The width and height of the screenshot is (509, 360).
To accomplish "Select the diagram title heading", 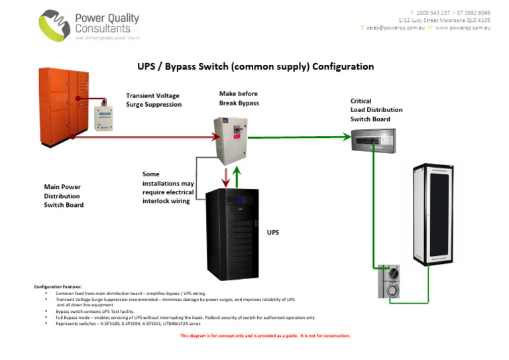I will tap(255, 66).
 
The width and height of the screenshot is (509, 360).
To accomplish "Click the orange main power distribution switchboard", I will tap(63, 105).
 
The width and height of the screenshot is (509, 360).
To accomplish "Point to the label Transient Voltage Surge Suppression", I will tap(154, 100).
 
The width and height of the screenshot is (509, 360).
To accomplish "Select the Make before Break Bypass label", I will tap(239, 99).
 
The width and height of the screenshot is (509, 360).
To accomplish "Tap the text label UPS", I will tap(272, 233).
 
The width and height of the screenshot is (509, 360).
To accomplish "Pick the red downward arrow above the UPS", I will tap(225, 176).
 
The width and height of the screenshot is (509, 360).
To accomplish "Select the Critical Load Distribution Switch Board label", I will tap(376, 110).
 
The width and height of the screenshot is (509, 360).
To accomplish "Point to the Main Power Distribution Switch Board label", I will tap(62, 196).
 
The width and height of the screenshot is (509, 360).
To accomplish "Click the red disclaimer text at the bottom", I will tap(264, 336).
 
